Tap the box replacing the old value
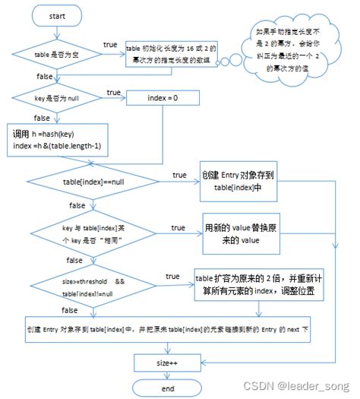point(244,233)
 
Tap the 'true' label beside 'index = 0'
point(113,92)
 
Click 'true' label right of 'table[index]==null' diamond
point(180,174)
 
